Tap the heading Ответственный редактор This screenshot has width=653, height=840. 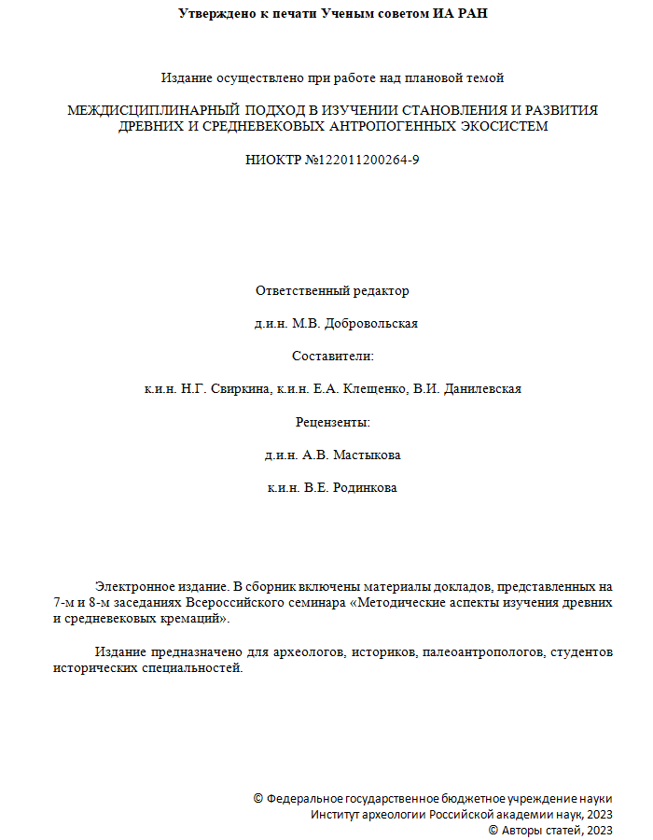[332, 290]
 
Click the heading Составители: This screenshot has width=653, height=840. [332, 357]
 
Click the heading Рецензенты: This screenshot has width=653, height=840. [332, 422]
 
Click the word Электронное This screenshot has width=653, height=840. [130, 587]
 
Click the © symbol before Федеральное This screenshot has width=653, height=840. [258, 800]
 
